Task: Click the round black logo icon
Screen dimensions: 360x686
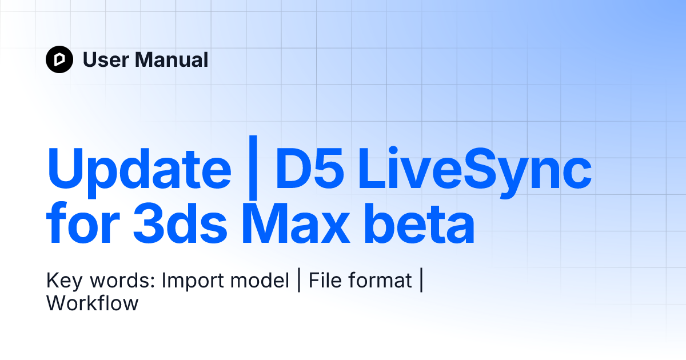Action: tap(59, 59)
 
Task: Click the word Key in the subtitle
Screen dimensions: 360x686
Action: tap(61, 281)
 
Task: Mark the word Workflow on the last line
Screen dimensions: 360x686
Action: tap(93, 303)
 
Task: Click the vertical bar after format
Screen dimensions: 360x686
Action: tap(421, 281)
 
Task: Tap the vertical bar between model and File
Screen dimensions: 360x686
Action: tap(299, 281)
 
